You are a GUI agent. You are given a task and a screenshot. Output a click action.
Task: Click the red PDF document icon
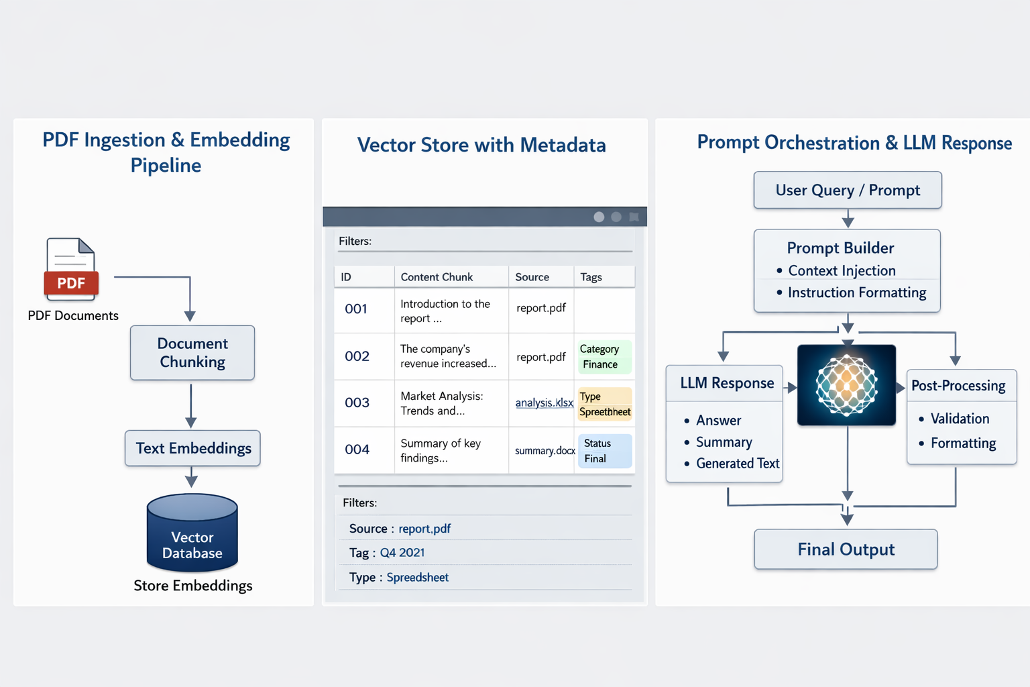point(71,270)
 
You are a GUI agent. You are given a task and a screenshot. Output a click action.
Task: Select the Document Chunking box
point(192,353)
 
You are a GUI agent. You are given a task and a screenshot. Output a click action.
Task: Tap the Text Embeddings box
point(193,448)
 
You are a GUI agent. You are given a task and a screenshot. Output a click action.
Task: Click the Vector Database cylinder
point(192,533)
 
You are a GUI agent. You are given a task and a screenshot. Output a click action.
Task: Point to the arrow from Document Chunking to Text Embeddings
point(191,405)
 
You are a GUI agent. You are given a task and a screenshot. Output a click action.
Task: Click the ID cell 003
point(357,403)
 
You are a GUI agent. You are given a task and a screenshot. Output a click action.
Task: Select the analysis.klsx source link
point(544,403)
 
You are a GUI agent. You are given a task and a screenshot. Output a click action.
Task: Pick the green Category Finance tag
point(604,357)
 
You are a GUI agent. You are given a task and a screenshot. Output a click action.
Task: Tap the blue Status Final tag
point(604,451)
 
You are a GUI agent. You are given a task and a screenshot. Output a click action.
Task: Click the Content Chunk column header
point(437,277)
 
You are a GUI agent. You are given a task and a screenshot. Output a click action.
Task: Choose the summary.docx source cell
point(545,451)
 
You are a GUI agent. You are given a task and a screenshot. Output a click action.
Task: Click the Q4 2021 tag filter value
point(402,553)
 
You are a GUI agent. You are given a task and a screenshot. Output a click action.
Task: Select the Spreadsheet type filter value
point(417,578)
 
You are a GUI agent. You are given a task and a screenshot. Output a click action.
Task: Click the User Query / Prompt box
point(848,191)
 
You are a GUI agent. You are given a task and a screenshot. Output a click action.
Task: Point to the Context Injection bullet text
point(842,270)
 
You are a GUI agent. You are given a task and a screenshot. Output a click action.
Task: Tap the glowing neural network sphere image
point(846,385)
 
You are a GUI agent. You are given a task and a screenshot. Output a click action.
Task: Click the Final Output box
point(846,549)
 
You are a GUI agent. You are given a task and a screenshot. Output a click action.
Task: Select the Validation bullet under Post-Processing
point(960,419)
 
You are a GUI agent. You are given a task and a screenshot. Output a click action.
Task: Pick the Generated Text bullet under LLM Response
point(738,464)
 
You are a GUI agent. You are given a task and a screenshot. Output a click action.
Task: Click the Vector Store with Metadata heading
point(481,145)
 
